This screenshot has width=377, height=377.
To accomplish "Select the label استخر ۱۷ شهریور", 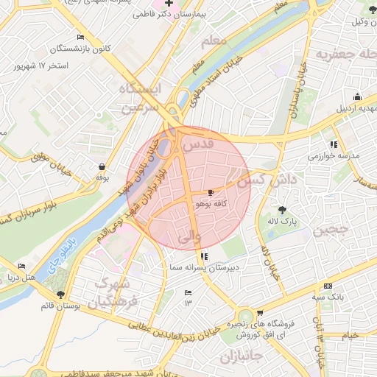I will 40,66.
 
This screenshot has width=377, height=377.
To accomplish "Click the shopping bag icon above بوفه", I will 101,166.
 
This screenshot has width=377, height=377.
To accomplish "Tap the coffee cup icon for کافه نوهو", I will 212,191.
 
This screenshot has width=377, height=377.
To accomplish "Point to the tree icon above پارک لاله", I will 282,209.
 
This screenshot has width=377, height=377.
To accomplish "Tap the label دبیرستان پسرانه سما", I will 203,267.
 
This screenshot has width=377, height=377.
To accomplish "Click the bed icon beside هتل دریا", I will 21,266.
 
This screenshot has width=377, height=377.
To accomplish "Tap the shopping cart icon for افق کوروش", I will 259,313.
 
